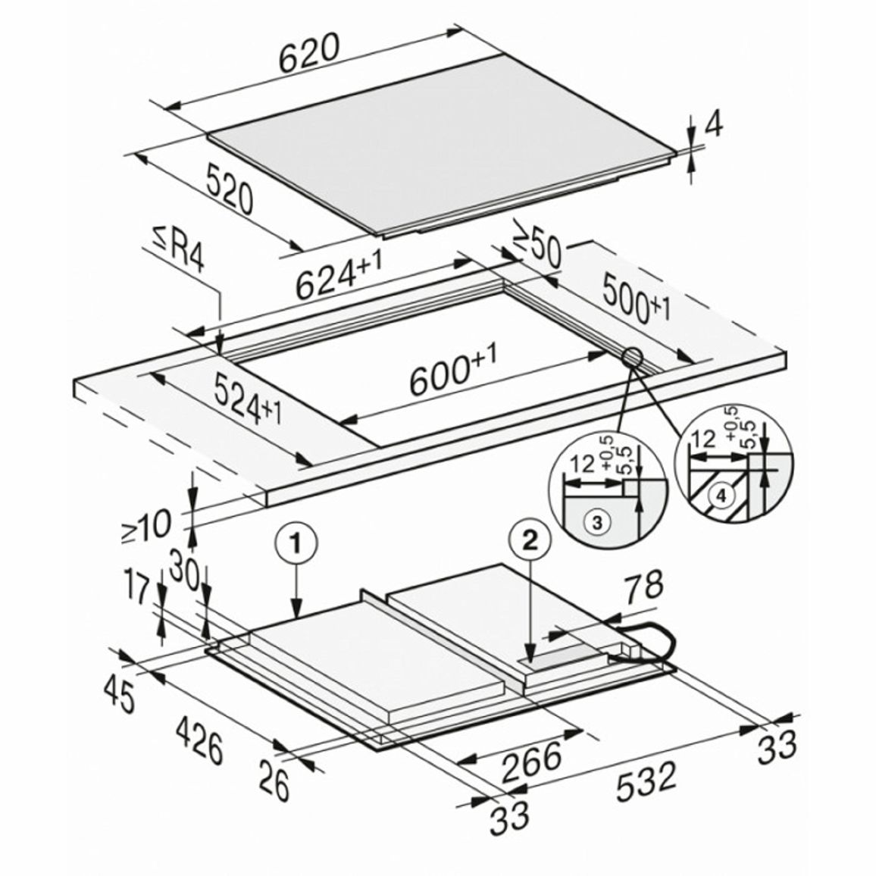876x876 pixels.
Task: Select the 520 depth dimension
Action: pos(229,188)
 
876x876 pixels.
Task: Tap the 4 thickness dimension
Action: pos(712,127)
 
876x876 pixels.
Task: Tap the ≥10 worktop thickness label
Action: pos(145,526)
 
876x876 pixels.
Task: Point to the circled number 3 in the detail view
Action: pos(596,523)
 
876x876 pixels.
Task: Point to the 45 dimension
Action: pos(120,696)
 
